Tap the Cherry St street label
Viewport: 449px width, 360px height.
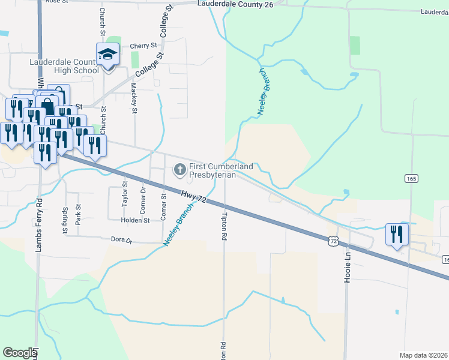click(x=143, y=46)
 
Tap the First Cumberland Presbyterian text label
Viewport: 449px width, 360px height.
click(x=221, y=170)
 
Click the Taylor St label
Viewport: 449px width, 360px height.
click(x=125, y=194)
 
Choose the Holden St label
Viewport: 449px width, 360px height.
click(x=135, y=221)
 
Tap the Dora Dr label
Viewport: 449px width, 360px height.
click(x=121, y=240)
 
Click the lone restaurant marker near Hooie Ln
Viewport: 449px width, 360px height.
click(x=396, y=234)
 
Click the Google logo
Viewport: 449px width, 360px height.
click(x=20, y=353)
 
